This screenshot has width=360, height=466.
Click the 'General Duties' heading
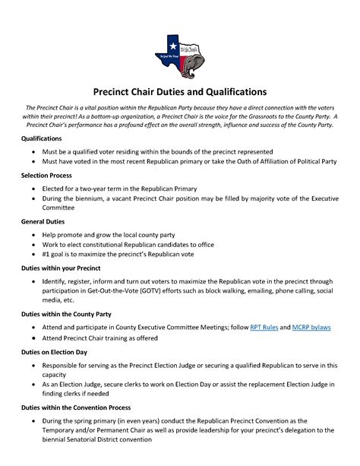tap(43, 221)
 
